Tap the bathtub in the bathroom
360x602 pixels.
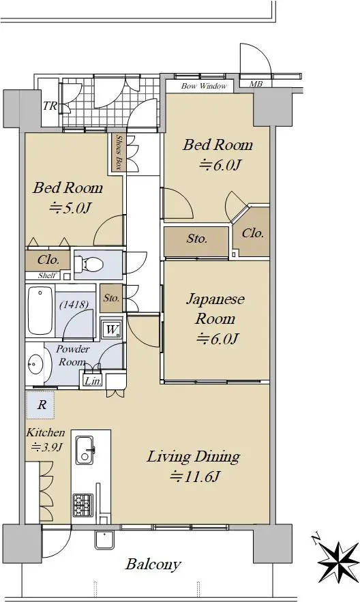pyautogui.click(x=40, y=312)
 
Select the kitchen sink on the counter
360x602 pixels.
pyautogui.click(x=85, y=450)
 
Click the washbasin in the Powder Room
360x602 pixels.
pyautogui.click(x=35, y=363)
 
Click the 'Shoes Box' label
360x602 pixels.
pyautogui.click(x=119, y=153)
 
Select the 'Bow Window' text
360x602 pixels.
pyautogui.click(x=204, y=86)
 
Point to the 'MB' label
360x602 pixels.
pyautogui.click(x=256, y=83)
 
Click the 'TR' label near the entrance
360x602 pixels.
pyautogui.click(x=50, y=106)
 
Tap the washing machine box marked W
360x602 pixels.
pyautogui.click(x=112, y=329)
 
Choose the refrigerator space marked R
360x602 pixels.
pyautogui.click(x=40, y=405)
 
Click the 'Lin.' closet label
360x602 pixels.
pyautogui.click(x=93, y=381)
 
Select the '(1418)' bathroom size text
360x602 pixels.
pyautogui.click(x=74, y=305)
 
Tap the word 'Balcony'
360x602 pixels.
pyautogui.click(x=153, y=564)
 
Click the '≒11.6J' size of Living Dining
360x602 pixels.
pyautogui.click(x=195, y=477)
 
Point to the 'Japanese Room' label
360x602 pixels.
pyautogui.click(x=215, y=309)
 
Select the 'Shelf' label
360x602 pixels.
pyautogui.click(x=47, y=275)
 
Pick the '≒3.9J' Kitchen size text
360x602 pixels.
pyautogui.click(x=46, y=447)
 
